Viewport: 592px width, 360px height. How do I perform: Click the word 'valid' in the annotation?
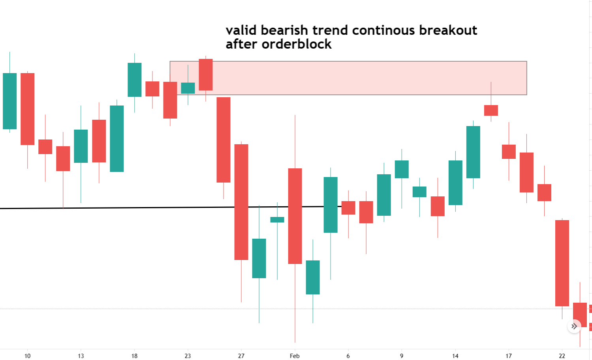pyautogui.click(x=241, y=30)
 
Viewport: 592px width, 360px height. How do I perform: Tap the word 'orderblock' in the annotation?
pyautogui.click(x=297, y=44)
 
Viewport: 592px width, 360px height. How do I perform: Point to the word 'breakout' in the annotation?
pyautogui.click(x=448, y=30)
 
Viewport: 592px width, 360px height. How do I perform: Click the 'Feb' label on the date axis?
pyautogui.click(x=295, y=356)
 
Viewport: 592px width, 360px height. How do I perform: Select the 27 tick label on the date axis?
pyautogui.click(x=241, y=356)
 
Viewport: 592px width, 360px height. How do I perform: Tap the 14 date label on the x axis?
pyautogui.click(x=455, y=356)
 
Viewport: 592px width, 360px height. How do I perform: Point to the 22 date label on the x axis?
pyautogui.click(x=562, y=356)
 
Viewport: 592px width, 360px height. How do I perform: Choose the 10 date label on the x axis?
pyautogui.click(x=27, y=356)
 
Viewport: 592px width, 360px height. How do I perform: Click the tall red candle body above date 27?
pyautogui.click(x=241, y=202)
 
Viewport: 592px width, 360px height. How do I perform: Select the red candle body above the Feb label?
pyautogui.click(x=295, y=216)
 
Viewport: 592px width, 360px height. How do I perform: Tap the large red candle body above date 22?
pyautogui.click(x=562, y=263)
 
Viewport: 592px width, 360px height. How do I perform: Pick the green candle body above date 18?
pyautogui.click(x=134, y=79)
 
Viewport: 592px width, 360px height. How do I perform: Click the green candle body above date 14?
pyautogui.click(x=455, y=183)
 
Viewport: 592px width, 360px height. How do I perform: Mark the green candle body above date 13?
pyautogui.click(x=81, y=146)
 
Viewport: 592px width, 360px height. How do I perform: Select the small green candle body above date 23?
pyautogui.click(x=188, y=88)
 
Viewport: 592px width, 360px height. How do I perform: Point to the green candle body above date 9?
pyautogui.click(x=402, y=169)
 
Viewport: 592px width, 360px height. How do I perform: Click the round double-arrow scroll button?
pyautogui.click(x=574, y=326)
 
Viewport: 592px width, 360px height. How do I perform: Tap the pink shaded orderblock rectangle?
pyautogui.click(x=355, y=78)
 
